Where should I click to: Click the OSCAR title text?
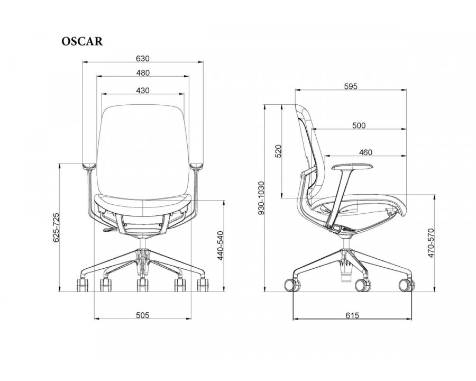pos(82,41)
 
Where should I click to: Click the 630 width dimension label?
pos(143,58)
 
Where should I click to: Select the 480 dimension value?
pos(143,73)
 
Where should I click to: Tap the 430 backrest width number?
pos(143,90)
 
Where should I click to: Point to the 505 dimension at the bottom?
pos(143,315)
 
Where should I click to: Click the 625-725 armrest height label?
pos(57,228)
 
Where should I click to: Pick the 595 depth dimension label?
pos(351,87)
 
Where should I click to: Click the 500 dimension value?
pos(359,125)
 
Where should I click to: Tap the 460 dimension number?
pos(365,152)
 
